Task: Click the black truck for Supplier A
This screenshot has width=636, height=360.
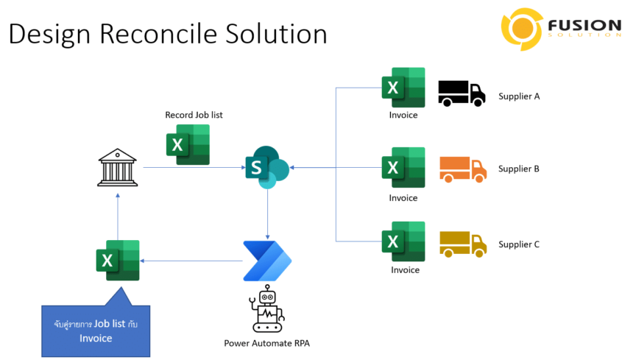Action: (462, 93)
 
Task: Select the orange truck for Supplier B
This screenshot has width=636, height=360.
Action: (463, 169)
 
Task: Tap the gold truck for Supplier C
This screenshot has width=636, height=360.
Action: (463, 244)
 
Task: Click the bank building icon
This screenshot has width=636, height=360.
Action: (118, 167)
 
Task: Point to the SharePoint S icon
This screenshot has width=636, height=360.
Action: (267, 167)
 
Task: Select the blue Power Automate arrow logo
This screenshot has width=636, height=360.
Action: (267, 261)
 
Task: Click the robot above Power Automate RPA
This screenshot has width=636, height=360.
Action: (267, 308)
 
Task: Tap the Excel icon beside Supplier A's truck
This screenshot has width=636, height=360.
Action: (403, 88)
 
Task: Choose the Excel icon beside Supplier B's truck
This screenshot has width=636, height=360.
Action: (403, 167)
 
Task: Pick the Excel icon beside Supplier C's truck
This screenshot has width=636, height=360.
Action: (403, 241)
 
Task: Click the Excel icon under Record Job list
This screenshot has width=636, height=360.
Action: (188, 144)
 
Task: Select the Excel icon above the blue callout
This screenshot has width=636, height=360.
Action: (118, 260)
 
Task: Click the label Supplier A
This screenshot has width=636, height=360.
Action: (519, 96)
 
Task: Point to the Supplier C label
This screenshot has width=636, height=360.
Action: (519, 244)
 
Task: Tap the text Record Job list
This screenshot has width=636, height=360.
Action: (194, 115)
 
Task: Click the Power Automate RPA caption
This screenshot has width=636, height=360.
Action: (267, 343)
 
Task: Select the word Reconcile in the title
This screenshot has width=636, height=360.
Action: (158, 34)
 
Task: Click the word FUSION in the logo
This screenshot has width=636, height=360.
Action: (584, 25)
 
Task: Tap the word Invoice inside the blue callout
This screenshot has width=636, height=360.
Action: (96, 338)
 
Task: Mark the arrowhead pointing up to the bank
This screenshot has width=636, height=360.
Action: (118, 196)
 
